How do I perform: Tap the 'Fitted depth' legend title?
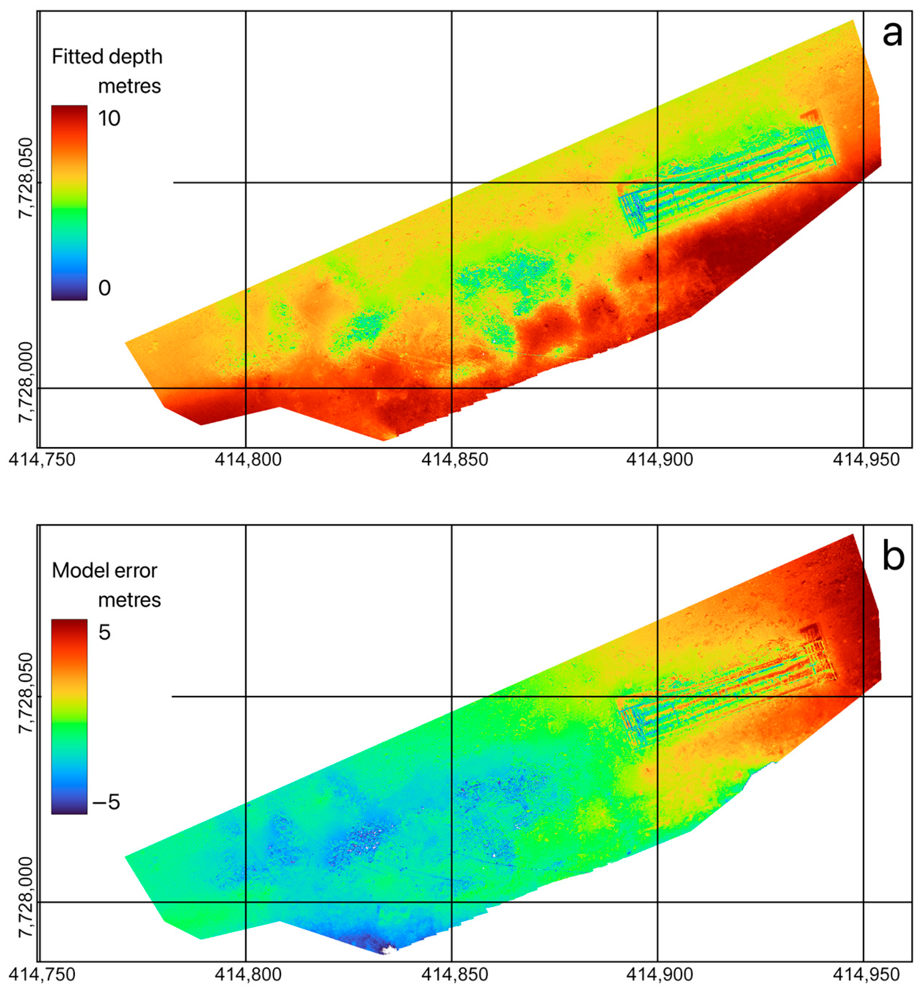coord(107,57)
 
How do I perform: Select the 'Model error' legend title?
coord(104,571)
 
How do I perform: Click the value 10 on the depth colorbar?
coord(108,119)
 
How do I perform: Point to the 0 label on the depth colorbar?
coord(104,288)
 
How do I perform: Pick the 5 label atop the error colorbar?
coord(104,632)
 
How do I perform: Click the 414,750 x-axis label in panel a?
coord(42,460)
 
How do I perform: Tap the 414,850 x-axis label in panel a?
coord(454,460)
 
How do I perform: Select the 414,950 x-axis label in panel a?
coord(866,460)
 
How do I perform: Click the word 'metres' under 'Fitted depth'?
coord(129,87)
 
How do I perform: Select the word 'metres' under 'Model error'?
coord(129,600)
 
